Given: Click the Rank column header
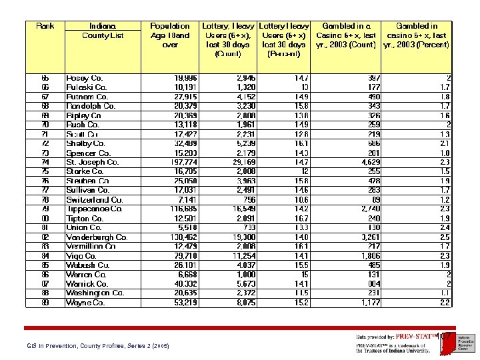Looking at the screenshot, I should (45, 26).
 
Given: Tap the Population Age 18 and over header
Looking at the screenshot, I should (170, 35).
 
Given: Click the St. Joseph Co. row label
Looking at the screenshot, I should (93, 162).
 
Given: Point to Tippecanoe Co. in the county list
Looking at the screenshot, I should (94, 209).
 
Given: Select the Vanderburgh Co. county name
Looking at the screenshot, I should (97, 237).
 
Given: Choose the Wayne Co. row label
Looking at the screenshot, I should (85, 303).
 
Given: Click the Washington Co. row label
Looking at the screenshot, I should (95, 293).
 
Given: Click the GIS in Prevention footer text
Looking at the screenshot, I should (97, 346).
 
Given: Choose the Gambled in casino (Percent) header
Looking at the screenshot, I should (417, 35).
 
